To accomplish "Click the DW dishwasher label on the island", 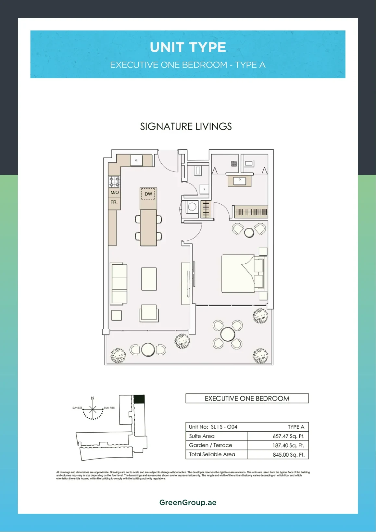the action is tap(148, 194).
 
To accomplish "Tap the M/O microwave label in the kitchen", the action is tap(115, 192).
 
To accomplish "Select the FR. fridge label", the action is tap(114, 202).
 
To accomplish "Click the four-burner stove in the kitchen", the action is tap(114, 182).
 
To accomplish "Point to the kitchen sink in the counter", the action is tap(136, 160).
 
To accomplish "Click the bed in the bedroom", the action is tap(244, 273).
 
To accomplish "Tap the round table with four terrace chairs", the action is tap(227, 334).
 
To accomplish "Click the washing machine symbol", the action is tap(192, 207).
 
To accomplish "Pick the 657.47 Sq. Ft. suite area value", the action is tap(288, 436).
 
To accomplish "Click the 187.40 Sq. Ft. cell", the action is tap(288, 445).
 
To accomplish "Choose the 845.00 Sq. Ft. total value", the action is tap(288, 455).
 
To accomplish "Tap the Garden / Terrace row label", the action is tap(210, 445).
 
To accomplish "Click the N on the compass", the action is tap(93, 398).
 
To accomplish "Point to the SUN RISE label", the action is tap(109, 408).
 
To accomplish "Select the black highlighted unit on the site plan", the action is tap(139, 399).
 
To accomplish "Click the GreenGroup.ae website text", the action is tap(188, 502).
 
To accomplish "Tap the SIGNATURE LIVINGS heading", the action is tap(186, 126).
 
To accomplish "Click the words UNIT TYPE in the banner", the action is tap(188, 47).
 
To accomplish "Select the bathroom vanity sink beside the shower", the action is tap(240, 181).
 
